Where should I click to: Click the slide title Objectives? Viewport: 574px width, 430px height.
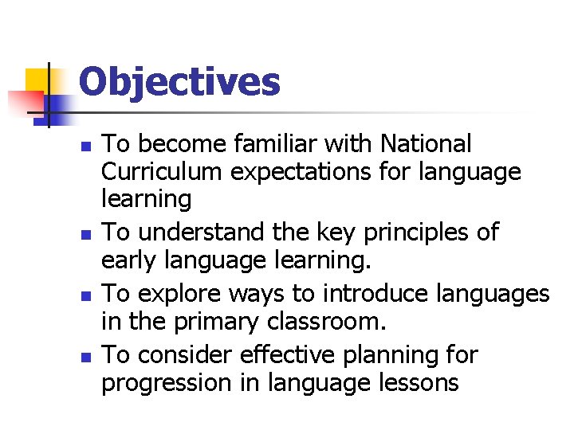[179, 82]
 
